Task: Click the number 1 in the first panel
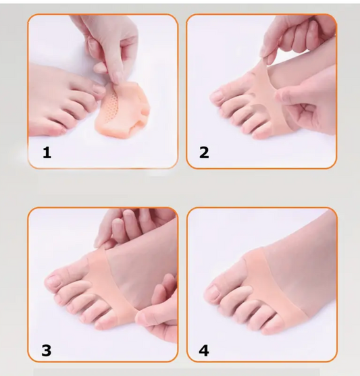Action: [47, 153]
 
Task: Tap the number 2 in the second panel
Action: [204, 153]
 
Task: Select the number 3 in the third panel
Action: [47, 350]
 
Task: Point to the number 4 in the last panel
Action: [204, 350]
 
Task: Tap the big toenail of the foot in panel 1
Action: [99, 88]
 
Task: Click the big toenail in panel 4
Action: [211, 292]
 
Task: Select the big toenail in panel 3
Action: [52, 281]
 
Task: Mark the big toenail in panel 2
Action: [216, 96]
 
